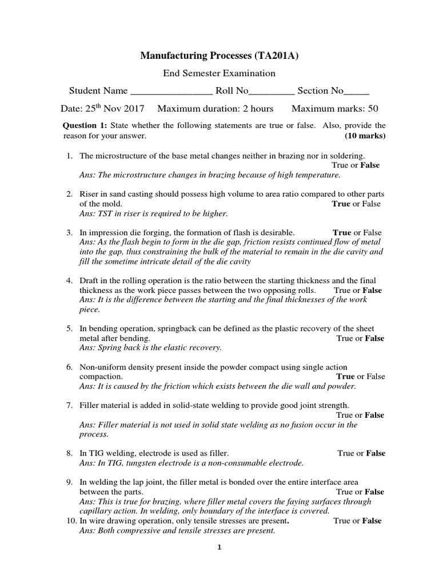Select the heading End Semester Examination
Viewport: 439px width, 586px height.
point(219,73)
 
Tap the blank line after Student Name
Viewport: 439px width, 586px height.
point(171,92)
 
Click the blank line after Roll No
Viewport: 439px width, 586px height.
point(272,92)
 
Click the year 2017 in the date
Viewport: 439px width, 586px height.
point(133,109)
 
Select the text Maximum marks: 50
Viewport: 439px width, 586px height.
point(334,109)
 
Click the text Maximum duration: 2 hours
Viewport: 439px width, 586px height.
point(215,109)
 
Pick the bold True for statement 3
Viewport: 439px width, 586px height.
point(342,233)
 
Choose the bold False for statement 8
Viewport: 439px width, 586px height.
point(376,453)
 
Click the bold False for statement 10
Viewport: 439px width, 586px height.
point(372,521)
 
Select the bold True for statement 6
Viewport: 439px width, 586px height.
point(346,377)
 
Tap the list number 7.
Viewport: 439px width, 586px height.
point(69,405)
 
